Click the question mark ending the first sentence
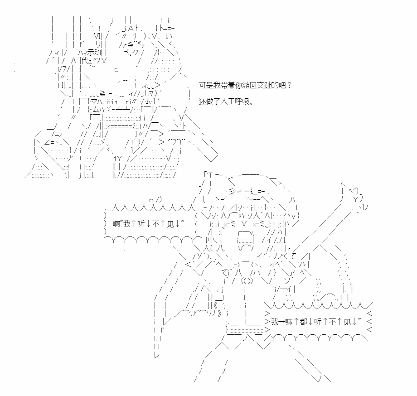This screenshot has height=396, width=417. (289, 85)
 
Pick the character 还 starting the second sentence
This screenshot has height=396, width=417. (203, 101)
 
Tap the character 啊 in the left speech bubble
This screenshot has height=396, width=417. (116, 224)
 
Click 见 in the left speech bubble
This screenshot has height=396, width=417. (170, 224)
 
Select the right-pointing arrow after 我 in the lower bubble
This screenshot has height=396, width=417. (281, 322)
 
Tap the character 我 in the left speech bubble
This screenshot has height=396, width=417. (127, 224)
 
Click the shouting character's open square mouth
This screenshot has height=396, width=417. (246, 237)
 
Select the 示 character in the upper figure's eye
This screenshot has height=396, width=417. (94, 53)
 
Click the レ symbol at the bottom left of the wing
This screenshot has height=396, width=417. (157, 354)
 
